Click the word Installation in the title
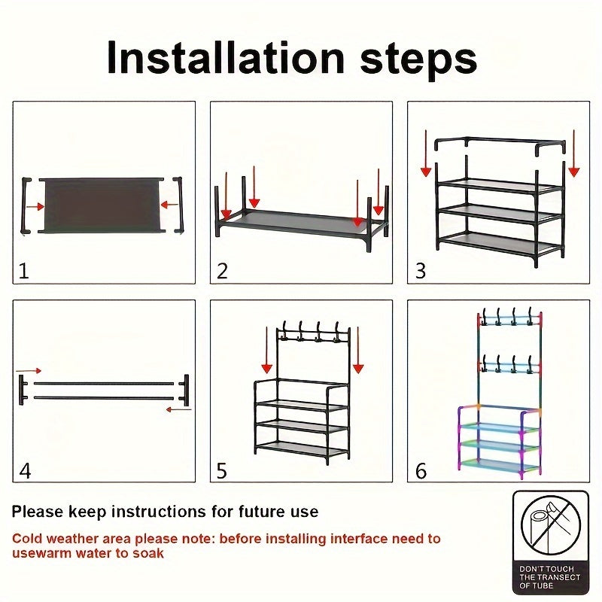pos(226,59)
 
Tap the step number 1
pos(24,271)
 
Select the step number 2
pos(222,271)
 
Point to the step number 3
pos(421,271)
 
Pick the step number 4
pos(25,470)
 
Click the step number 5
pos(222,470)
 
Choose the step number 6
pos(421,470)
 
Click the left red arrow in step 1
pos(35,207)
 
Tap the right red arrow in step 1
pos(169,205)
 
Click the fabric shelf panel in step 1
pos(102,205)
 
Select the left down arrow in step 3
pos(426,154)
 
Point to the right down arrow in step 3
pos(574,154)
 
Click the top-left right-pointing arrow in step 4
pos(29,371)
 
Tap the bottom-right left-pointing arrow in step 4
pos(178,409)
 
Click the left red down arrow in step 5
pos(267,350)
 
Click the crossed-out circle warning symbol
pos(551,525)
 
